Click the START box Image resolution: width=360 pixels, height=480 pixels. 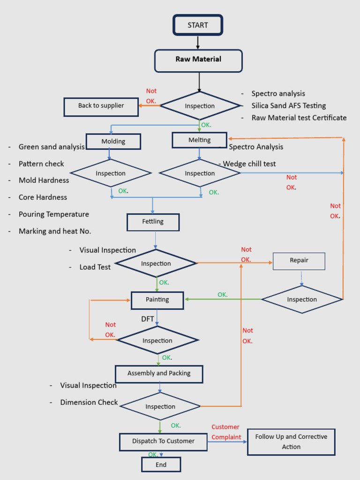click(x=197, y=25)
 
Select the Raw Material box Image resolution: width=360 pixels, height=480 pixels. click(x=198, y=60)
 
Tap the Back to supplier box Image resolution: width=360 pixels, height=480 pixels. click(x=101, y=106)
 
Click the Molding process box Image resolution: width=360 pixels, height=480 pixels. click(x=113, y=142)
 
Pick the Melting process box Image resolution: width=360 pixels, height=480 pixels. click(x=199, y=140)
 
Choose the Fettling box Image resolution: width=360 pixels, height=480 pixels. click(x=153, y=222)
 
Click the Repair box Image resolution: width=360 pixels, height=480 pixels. click(x=299, y=261)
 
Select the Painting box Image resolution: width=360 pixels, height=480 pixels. click(x=157, y=300)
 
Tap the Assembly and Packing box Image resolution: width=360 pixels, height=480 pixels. click(x=159, y=374)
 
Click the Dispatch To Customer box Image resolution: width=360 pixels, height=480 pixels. click(x=163, y=442)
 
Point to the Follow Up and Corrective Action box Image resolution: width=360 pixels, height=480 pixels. click(x=291, y=442)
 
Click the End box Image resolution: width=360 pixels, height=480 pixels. click(x=161, y=465)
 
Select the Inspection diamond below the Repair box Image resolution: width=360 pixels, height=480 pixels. click(x=302, y=300)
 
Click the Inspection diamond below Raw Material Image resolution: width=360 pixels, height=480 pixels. click(x=200, y=106)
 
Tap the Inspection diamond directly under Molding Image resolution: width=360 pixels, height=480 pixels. click(x=111, y=173)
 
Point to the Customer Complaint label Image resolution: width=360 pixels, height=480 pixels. click(x=226, y=432)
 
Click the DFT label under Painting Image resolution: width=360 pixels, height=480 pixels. click(x=148, y=319)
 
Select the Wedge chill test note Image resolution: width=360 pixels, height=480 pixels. click(x=249, y=164)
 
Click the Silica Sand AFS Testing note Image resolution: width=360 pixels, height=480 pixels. click(x=288, y=106)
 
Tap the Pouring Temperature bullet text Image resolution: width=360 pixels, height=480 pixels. click(x=53, y=214)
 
